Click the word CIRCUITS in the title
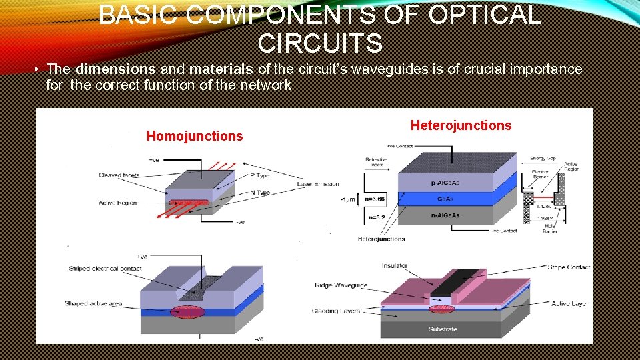tap(320, 44)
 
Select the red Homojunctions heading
tap(195, 136)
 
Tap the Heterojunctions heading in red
tap(461, 125)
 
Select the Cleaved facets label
tap(119, 175)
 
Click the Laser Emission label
tap(318, 184)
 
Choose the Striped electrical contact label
tap(103, 269)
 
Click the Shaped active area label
tap(93, 304)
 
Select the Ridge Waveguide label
tap(341, 285)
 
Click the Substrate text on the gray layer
tap(443, 329)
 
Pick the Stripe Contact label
tap(569, 267)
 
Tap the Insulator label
tap(395, 266)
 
